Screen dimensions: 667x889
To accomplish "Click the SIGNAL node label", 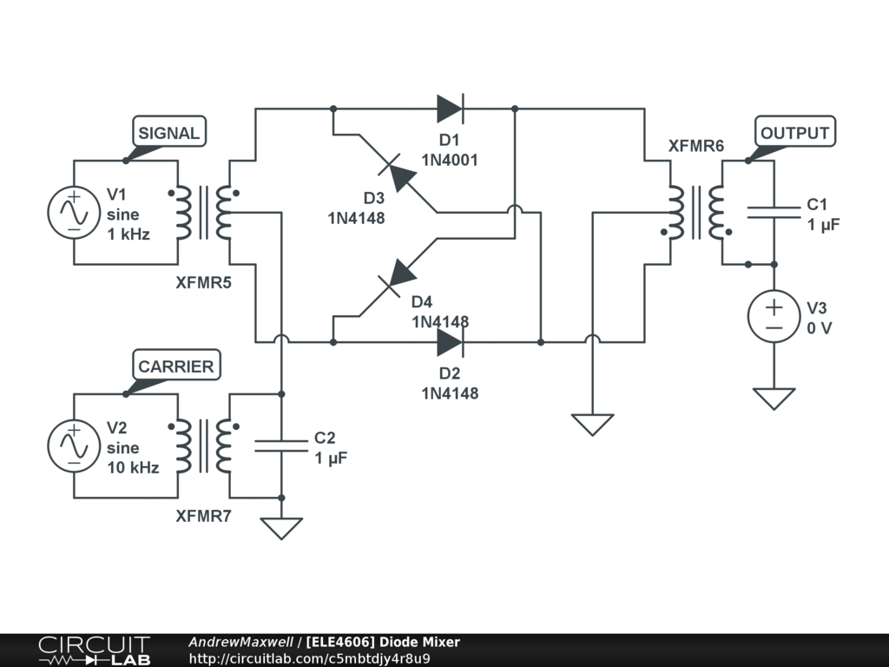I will point(169,133).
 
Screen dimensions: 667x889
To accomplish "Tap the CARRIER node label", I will point(175,367).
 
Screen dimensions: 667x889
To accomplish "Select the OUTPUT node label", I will point(794,133).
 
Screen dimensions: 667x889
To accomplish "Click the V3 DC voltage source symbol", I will point(774,315).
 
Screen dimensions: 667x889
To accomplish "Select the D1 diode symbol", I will point(450,109).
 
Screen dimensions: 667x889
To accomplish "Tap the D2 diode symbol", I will point(450,342).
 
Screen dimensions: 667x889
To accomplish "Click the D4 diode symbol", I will point(401,275).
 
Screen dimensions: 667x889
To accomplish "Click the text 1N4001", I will point(450,160).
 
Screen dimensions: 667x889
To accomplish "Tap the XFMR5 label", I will point(203,282).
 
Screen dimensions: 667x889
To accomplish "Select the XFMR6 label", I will point(695,146).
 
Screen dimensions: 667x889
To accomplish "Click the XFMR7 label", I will point(203,516).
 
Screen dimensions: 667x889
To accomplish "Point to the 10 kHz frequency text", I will point(133,467).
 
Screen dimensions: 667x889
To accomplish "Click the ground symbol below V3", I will point(774,399).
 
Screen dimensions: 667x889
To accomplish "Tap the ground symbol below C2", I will point(280,528).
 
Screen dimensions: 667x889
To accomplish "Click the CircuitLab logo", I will point(94,650).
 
